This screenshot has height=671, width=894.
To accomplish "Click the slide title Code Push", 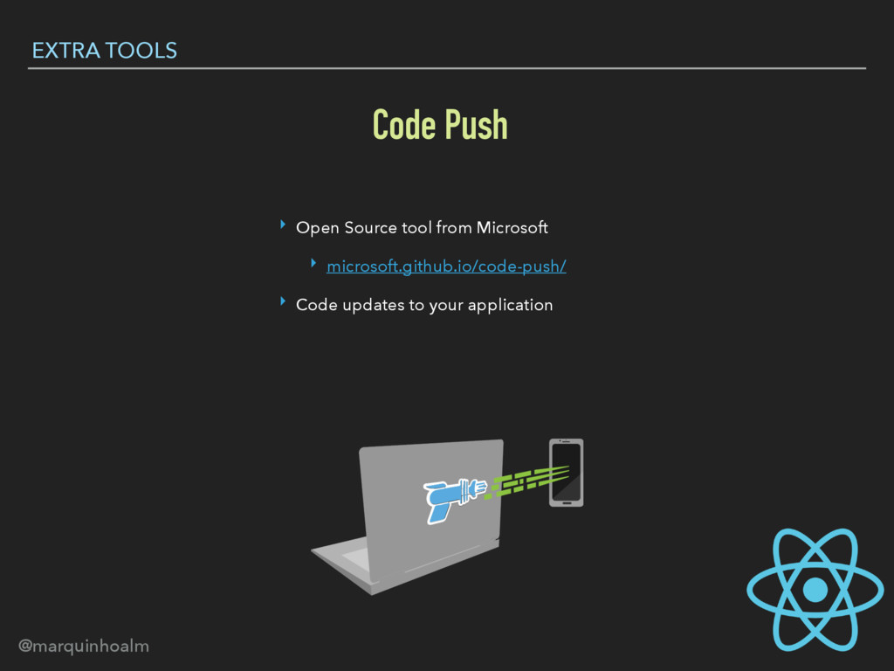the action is tap(439, 125).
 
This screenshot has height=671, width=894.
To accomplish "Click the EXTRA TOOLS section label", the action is tap(104, 51).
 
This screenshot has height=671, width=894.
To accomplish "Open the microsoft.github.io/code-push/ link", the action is tap(446, 266).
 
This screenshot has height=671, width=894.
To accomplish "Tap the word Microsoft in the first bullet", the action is tap(512, 228).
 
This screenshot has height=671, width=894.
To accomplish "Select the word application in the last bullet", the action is tap(510, 305).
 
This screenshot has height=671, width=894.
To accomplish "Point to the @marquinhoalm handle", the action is tap(84, 647).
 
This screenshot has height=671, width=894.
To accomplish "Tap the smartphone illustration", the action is tap(566, 472).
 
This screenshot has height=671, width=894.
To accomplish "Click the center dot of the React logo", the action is tap(815, 589).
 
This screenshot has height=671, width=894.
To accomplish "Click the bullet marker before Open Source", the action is tap(283, 226).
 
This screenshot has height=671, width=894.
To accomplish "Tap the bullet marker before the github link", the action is tap(313, 265).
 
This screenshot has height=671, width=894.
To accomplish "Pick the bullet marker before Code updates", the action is tap(283, 303).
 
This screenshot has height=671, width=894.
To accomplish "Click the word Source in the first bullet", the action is tap(370, 228).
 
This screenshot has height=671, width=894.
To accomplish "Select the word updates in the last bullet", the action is tap(376, 306).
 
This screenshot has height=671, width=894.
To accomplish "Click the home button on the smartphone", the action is tap(566, 502).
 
